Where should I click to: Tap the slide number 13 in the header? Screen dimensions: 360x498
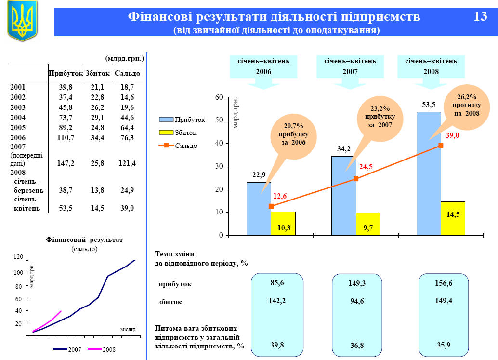(480, 17)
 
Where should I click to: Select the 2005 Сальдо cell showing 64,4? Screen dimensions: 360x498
(127, 127)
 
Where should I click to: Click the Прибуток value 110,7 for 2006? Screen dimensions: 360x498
(65, 137)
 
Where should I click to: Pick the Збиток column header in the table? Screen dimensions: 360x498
(97, 73)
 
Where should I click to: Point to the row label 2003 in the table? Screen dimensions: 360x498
(18, 107)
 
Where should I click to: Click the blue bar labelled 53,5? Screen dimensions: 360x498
(429, 173)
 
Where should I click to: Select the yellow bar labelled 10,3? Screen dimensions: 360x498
(283, 224)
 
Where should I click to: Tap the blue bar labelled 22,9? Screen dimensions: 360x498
(259, 209)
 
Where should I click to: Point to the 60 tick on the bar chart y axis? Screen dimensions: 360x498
(219, 97)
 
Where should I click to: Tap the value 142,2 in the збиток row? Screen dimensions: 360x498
(277, 300)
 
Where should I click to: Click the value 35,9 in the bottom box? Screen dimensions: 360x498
(444, 345)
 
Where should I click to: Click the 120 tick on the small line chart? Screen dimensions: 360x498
(19, 257)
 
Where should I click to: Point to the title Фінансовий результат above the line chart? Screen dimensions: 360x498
(84, 240)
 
